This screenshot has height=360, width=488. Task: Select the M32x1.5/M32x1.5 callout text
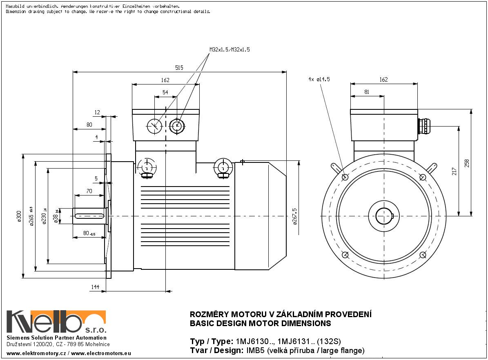230,49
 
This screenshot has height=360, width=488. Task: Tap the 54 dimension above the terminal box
165,93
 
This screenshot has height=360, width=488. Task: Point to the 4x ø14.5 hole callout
319,80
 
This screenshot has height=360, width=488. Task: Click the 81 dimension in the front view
366,92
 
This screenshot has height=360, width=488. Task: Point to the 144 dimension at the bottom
95,287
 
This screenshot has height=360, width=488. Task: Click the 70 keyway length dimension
89,191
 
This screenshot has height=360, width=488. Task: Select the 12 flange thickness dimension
97,112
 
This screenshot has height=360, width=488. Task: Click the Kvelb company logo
56,322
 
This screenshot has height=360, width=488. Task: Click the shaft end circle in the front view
384,216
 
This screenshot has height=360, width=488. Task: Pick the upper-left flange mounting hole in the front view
345,177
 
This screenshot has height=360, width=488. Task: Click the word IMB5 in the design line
254,350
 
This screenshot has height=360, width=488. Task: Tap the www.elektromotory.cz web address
36,353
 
